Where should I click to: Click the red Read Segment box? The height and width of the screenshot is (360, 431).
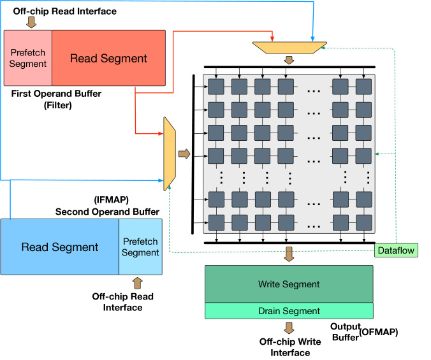pyautogui.click(x=108, y=58)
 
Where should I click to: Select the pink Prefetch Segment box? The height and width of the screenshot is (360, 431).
pyautogui.click(x=28, y=58)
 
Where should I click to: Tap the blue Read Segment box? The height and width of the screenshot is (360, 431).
pyautogui.click(x=60, y=247)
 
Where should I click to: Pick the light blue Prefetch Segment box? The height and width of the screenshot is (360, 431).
pyautogui.click(x=140, y=247)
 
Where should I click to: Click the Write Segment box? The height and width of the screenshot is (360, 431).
pyautogui.click(x=289, y=284)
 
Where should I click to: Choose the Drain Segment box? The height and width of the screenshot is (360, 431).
pyautogui.click(x=289, y=311)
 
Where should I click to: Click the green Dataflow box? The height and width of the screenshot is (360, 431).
pyautogui.click(x=396, y=250)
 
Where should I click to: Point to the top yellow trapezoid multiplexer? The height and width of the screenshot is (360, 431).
pyautogui.click(x=289, y=48)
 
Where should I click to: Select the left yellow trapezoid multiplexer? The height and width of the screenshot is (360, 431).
pyautogui.click(x=170, y=154)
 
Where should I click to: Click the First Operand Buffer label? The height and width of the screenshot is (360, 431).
pyautogui.click(x=56, y=94)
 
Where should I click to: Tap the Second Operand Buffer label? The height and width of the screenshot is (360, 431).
pyautogui.click(x=107, y=212)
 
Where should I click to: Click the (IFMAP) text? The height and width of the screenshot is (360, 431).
pyautogui.click(x=112, y=199)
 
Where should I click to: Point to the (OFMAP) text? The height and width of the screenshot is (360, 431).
pyautogui.click(x=379, y=332)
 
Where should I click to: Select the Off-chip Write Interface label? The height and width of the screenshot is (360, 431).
pyautogui.click(x=290, y=347)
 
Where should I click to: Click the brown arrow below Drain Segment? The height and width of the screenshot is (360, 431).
pyautogui.click(x=289, y=328)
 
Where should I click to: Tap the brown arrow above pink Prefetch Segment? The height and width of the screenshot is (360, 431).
pyautogui.click(x=31, y=22)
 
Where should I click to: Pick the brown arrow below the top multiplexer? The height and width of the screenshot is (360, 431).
pyautogui.click(x=289, y=60)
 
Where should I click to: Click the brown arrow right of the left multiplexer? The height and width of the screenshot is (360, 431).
pyautogui.click(x=184, y=154)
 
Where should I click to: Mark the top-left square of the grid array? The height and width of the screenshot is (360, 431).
pyautogui.click(x=216, y=87)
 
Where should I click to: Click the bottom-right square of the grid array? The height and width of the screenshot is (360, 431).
pyautogui.click(x=364, y=222)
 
